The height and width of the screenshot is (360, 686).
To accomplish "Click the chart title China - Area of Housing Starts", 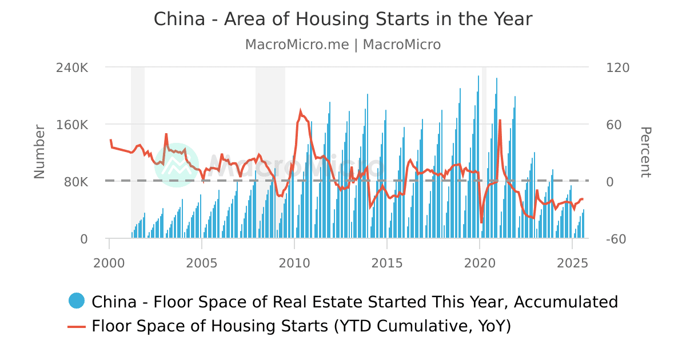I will [343, 19].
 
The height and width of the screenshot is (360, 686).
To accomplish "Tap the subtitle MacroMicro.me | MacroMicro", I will [343, 45].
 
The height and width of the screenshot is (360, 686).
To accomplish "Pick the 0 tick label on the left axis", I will [84, 239].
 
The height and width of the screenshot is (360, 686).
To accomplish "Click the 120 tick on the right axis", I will [617, 67].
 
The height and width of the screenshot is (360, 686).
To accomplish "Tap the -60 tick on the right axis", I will [617, 239].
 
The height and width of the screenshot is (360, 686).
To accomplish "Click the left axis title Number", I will [39, 151].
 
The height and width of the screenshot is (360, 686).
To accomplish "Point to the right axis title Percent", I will [645, 152].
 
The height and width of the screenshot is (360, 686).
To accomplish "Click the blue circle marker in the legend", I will [76, 301].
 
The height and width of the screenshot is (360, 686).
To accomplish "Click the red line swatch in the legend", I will [76, 326].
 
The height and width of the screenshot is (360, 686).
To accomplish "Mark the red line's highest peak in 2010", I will [301, 111].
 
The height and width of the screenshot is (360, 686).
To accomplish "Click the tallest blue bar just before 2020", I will [478, 76].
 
